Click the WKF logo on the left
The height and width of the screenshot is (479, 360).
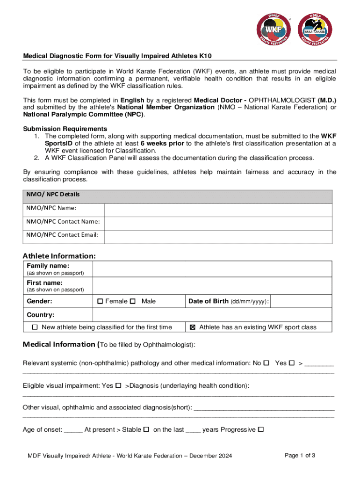click(274, 29)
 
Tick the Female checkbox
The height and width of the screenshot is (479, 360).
click(100, 301)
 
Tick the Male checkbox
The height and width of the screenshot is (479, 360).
click(133, 301)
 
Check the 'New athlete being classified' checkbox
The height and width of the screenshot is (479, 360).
click(35, 327)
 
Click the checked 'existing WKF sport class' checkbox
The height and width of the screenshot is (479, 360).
click(193, 327)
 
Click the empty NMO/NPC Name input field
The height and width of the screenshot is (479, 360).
click(218, 208)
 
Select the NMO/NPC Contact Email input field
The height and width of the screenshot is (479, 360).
click(218, 235)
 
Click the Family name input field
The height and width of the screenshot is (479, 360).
click(212, 269)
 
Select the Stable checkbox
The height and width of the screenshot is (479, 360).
click(146, 429)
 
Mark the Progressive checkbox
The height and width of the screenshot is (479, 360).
click(261, 429)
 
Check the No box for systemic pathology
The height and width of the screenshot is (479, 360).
click(266, 363)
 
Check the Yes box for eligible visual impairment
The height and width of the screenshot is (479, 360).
click(118, 385)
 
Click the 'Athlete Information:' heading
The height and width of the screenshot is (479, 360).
click(59, 256)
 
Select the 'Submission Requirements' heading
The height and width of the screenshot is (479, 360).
click(65, 129)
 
